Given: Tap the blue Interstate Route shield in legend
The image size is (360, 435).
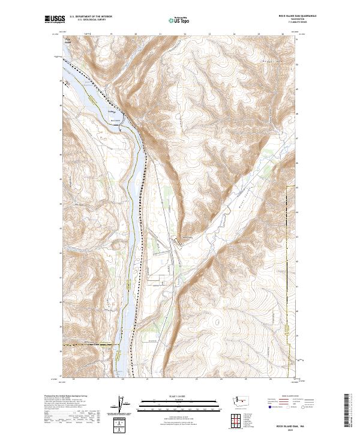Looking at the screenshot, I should point(268,406).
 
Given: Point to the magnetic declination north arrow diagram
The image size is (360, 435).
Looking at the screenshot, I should point(119,405).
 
